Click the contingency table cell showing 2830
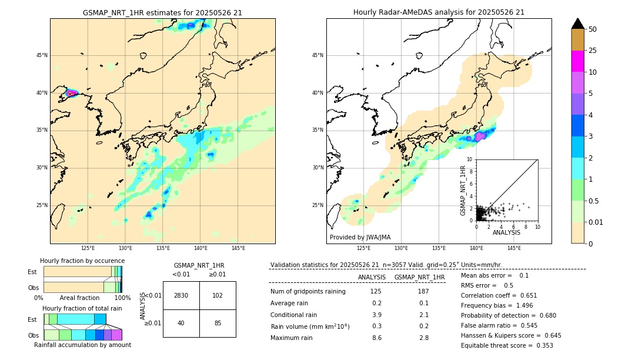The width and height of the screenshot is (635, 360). click(x=181, y=295)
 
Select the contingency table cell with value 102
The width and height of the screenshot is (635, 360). click(x=218, y=295)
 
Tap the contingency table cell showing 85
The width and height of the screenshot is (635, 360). click(x=218, y=323)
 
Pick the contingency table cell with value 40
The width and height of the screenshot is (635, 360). click(x=181, y=323)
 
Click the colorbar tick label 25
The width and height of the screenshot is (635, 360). click(x=593, y=51)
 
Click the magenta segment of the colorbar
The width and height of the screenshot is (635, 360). click(x=578, y=61)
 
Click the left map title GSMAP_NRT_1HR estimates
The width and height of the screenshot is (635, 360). click(x=162, y=12)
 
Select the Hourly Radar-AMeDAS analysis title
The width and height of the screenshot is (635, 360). click(x=439, y=12)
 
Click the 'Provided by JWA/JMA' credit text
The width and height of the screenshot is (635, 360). click(x=360, y=238)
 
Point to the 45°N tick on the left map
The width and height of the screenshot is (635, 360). click(x=42, y=55)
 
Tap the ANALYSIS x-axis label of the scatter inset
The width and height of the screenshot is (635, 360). click(x=506, y=233)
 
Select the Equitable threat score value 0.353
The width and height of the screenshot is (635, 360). click(x=540, y=345)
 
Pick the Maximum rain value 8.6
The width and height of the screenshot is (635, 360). click(x=376, y=338)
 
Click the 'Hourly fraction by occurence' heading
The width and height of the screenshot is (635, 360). click(x=82, y=261)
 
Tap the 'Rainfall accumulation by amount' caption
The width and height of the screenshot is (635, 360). click(x=82, y=345)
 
